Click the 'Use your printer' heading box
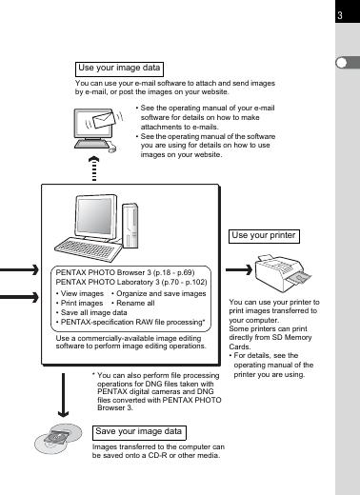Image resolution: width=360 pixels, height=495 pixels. [264, 236]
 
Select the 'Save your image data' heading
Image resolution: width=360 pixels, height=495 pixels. [139, 433]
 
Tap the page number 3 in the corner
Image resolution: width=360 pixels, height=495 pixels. [340, 15]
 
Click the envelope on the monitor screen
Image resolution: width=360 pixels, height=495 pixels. [103, 119]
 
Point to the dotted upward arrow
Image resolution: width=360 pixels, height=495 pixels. [93, 168]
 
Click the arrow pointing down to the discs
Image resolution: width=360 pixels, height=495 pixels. [63, 395]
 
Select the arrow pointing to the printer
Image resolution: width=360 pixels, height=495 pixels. [239, 270]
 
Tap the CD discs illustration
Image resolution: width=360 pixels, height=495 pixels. [58, 439]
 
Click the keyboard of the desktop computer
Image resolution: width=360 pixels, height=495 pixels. [89, 249]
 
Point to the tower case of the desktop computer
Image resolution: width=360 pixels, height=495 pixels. [130, 226]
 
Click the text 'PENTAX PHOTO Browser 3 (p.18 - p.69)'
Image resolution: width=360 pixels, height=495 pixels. [125, 272]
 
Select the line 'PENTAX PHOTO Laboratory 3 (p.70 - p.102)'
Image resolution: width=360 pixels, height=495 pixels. [131, 282]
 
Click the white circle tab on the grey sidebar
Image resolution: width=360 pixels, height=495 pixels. [342, 63]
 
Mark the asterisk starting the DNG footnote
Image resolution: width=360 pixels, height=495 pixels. [93, 374]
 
